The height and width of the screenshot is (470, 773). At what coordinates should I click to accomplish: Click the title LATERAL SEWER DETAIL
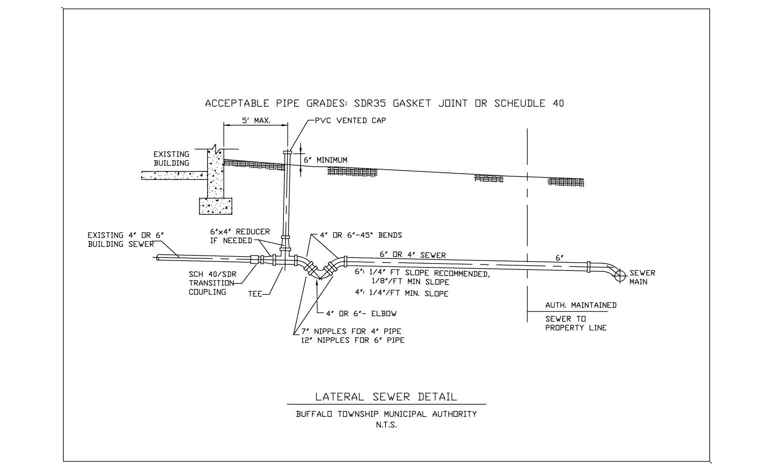386,397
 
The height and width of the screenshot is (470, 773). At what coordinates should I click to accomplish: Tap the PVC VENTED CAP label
350,121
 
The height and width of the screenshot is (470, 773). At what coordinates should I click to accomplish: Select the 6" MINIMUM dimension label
326,160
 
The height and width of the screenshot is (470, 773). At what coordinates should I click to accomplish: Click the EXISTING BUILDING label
171,159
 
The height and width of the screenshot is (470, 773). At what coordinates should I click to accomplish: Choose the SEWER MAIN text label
642,277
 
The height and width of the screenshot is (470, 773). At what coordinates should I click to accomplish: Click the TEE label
255,294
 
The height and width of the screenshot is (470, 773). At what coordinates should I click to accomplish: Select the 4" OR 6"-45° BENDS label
361,235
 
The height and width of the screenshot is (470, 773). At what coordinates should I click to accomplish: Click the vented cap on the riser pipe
287,152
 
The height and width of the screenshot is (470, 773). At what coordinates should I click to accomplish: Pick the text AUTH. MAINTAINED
581,305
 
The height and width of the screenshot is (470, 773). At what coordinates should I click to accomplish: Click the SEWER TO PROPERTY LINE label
575,324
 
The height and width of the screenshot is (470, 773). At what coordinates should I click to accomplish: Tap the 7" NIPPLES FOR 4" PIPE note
351,331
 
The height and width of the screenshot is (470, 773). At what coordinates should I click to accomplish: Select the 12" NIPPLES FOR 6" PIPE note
352,340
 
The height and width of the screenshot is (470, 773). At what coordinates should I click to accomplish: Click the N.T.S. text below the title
386,425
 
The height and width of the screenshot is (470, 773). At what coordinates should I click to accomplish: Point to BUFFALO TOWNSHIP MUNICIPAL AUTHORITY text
386,414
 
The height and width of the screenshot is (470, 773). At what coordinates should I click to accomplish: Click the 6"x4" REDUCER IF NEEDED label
239,236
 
